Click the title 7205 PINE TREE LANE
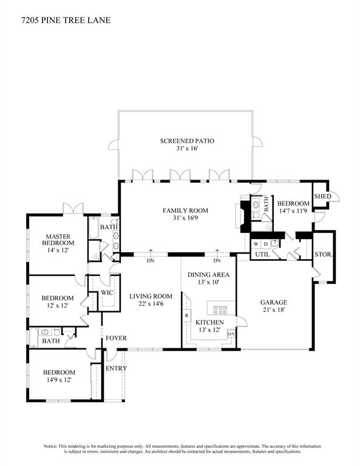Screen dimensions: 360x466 pyautogui.click(x=66, y=20)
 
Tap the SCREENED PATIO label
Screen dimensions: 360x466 pyautogui.click(x=187, y=141)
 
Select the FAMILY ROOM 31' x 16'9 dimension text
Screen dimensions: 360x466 pyautogui.click(x=186, y=218)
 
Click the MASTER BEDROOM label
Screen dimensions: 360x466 pyautogui.click(x=58, y=240)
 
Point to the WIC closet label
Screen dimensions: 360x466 pyautogui.click(x=107, y=292)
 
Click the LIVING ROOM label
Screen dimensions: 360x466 pyautogui.click(x=151, y=296)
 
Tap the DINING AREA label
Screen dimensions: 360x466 pyautogui.click(x=208, y=275)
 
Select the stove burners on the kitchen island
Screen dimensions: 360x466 pyautogui.click(x=220, y=310)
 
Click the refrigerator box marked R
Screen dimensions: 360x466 pyautogui.click(x=187, y=316)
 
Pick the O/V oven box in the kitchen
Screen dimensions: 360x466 pyautogui.click(x=231, y=334)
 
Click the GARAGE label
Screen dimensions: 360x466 pyautogui.click(x=274, y=303)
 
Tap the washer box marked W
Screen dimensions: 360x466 pyautogui.click(x=256, y=244)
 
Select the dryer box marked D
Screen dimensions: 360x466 pyautogui.click(x=266, y=244)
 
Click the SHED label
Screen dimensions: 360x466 pyautogui.click(x=322, y=197)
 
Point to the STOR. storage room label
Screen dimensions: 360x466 pyautogui.click(x=324, y=254)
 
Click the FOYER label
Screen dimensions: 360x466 pyautogui.click(x=116, y=338)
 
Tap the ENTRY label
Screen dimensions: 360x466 pyautogui.click(x=116, y=368)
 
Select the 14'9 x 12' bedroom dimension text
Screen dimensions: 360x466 pyautogui.click(x=59, y=380)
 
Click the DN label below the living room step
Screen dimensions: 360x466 pyautogui.click(x=151, y=261)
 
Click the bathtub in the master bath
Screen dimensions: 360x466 pyautogui.click(x=93, y=228)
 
